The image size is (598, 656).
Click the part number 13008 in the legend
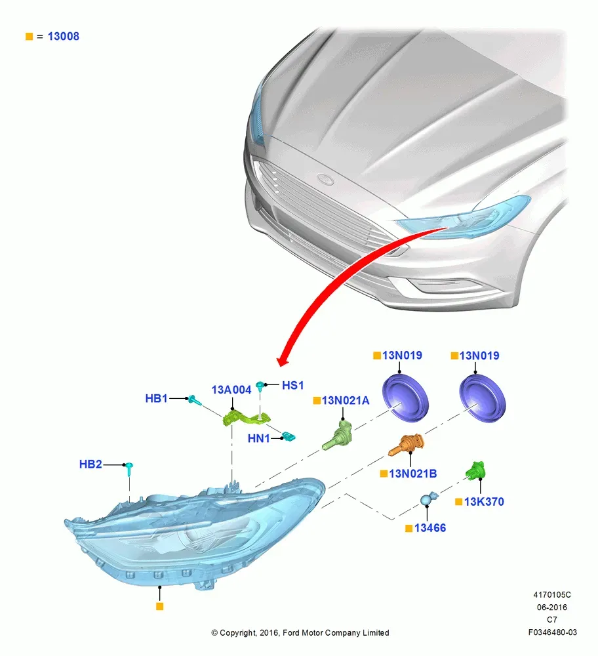click(x=63, y=36)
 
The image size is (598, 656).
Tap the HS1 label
click(x=292, y=385)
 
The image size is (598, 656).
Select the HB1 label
click(x=156, y=398)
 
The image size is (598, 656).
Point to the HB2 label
click(x=90, y=464)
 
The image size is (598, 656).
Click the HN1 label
click(x=258, y=438)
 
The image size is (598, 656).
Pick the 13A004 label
click(x=231, y=390)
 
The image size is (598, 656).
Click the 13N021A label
click(x=346, y=400)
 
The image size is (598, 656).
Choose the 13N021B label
click(x=412, y=474)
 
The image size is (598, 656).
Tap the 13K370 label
click(x=484, y=502)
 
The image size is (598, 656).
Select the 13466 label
click(x=430, y=528)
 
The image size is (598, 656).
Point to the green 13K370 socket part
click(x=476, y=470)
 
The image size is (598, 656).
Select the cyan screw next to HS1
click(x=260, y=386)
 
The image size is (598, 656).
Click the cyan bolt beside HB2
click(x=130, y=469)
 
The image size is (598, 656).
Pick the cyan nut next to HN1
click(x=289, y=437)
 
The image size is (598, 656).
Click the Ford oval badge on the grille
click(x=325, y=180)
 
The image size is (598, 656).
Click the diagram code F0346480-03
click(x=552, y=632)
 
